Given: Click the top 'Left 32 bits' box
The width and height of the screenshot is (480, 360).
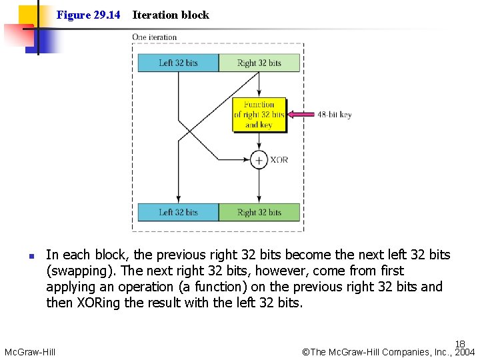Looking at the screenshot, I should [178, 63].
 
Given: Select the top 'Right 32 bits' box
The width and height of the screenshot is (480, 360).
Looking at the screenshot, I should [259, 63].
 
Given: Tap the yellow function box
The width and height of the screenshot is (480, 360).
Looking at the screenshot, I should [259, 115].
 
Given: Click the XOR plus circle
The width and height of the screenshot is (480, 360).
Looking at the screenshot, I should [259, 160].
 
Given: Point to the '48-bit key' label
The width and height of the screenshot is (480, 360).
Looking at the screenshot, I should [334, 115].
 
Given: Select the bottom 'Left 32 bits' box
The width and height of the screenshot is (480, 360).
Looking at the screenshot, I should [178, 212].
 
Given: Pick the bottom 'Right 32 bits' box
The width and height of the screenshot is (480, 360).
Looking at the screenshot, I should [259, 212].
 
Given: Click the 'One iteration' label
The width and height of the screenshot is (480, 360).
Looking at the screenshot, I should [155, 37].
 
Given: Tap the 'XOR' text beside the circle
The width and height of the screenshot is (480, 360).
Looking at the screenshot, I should [279, 160].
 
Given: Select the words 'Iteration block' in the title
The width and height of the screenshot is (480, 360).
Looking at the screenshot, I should [171, 15].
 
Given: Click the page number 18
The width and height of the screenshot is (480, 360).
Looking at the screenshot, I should [460, 344].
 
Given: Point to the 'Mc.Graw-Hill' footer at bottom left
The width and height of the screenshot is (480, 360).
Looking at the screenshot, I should [30, 352].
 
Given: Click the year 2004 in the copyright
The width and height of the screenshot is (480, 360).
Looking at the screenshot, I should [465, 352].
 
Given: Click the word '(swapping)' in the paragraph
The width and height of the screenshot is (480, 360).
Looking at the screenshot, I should [77, 271].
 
